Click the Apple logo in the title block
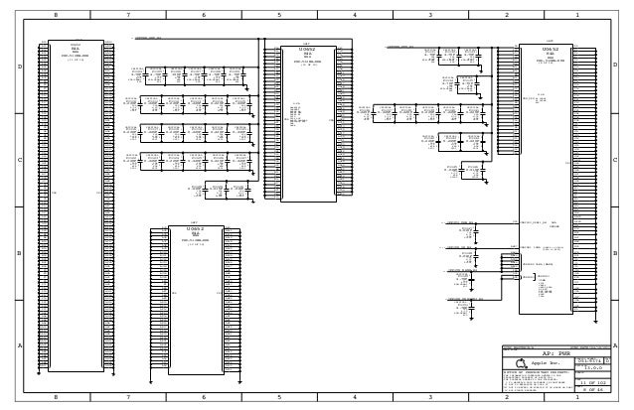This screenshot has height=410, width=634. [522, 363]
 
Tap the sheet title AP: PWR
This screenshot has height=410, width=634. [553, 351]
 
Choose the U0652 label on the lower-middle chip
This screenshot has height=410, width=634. [194, 227]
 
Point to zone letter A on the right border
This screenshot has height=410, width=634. [615, 344]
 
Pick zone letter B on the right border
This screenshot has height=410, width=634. [615, 252]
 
